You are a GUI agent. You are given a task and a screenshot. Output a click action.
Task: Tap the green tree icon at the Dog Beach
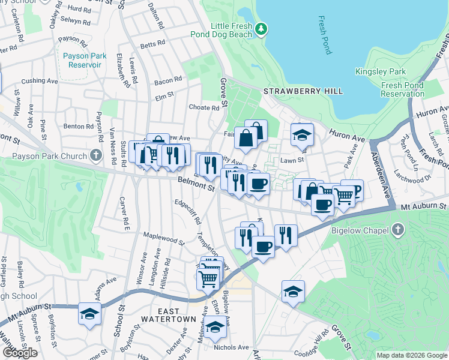coord(261,28)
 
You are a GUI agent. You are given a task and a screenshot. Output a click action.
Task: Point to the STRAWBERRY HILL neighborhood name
coord(303,91)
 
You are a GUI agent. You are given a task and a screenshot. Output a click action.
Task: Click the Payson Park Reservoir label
coord(85,60)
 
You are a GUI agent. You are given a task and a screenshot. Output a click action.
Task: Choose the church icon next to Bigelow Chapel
coord(397,229)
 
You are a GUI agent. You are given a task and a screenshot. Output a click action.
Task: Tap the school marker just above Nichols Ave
coord(215,327)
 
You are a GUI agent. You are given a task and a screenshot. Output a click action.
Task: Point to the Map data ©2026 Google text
coord(412,355)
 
